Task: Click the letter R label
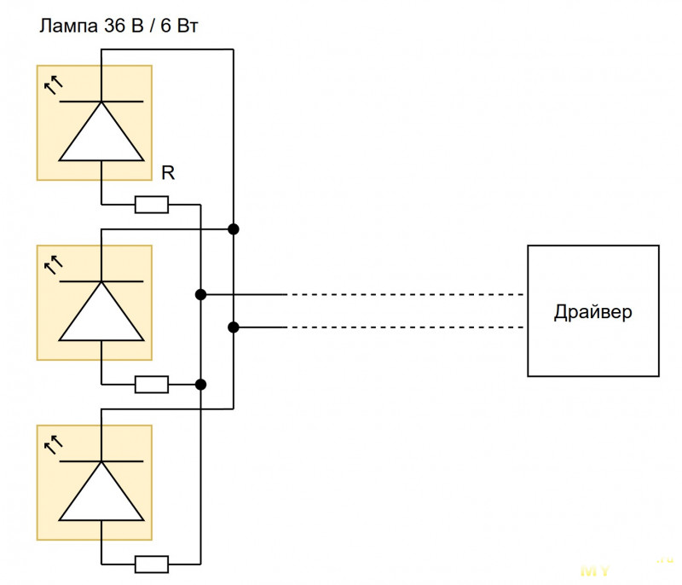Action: click(x=168, y=174)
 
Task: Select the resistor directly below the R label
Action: click(x=152, y=205)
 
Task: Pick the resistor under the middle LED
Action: click(x=152, y=385)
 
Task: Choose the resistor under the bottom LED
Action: click(x=152, y=564)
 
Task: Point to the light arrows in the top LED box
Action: click(x=54, y=84)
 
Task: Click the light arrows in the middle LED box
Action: click(x=54, y=264)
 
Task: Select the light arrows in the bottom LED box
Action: click(x=54, y=443)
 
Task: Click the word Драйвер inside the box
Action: click(x=593, y=311)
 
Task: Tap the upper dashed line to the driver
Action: click(x=405, y=295)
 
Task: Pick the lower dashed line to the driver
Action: click(x=405, y=327)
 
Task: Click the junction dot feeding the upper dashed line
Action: click(x=200, y=295)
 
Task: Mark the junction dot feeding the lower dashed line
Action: click(x=233, y=327)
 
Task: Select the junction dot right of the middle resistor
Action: click(x=200, y=385)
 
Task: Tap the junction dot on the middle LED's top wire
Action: click(x=233, y=229)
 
